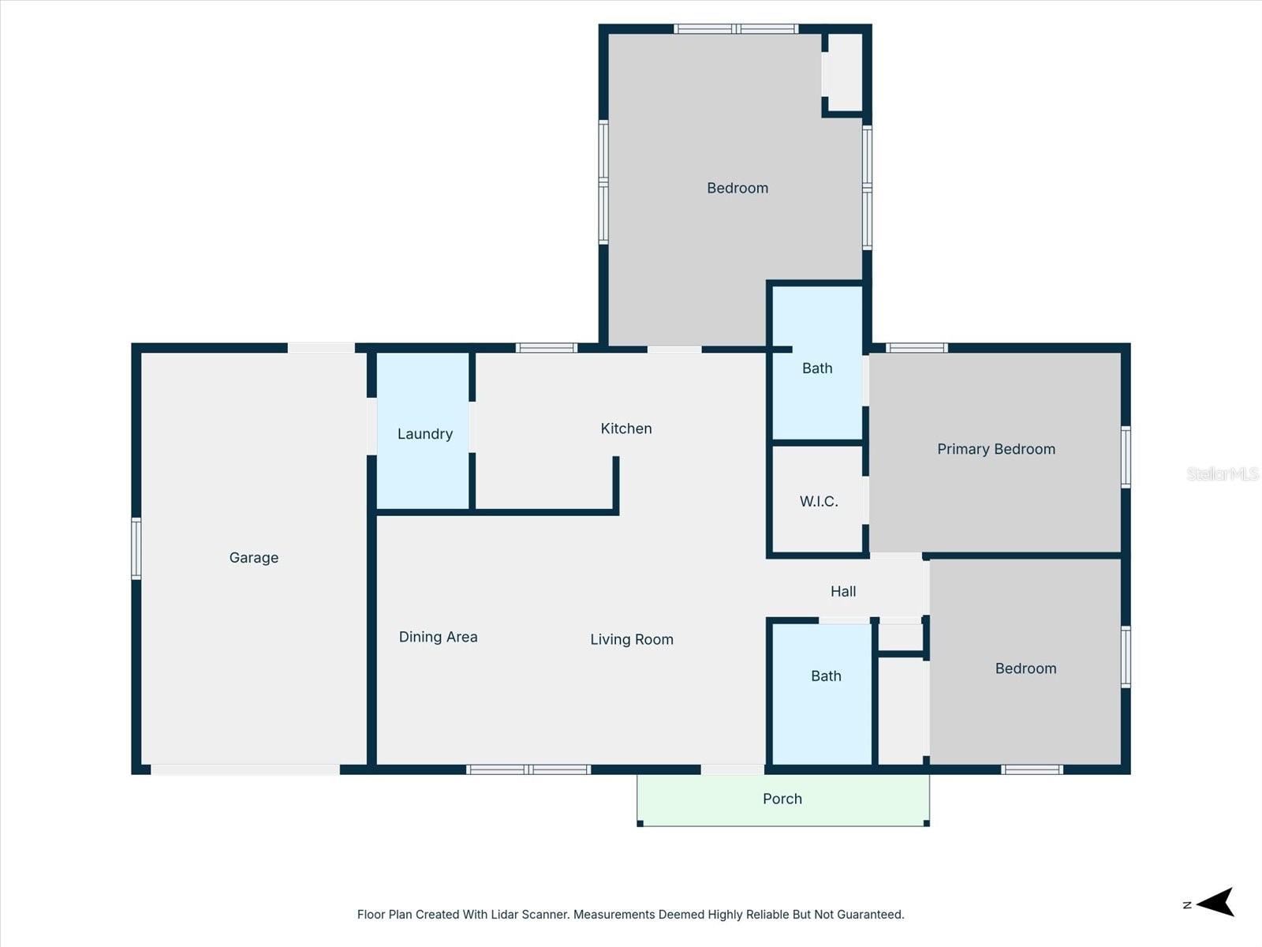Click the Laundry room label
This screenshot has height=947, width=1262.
pos(424,434)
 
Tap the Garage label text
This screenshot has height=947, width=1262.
pos(253,558)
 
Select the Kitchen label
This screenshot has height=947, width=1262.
pos(626,429)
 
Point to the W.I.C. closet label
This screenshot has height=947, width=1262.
pos(819,502)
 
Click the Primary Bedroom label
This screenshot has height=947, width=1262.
pos(995,449)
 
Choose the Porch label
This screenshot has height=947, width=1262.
pos(782,799)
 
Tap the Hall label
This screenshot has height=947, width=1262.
pos(842,591)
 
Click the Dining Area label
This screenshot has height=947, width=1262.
pos(438,637)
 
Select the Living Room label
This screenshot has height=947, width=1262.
pos(632,639)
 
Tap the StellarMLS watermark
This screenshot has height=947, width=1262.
pos(1222,473)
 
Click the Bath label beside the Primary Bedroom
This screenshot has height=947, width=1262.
pos(817,369)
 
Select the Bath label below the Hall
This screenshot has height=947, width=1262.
pos(826,676)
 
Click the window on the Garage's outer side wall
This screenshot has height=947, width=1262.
pos(136,548)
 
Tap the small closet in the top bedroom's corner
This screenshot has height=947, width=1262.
pos(845,73)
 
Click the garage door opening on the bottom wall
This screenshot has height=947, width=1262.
pos(245,769)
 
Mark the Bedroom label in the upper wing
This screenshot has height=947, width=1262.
pos(737,188)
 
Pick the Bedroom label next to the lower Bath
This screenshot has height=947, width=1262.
pos(1025,668)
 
